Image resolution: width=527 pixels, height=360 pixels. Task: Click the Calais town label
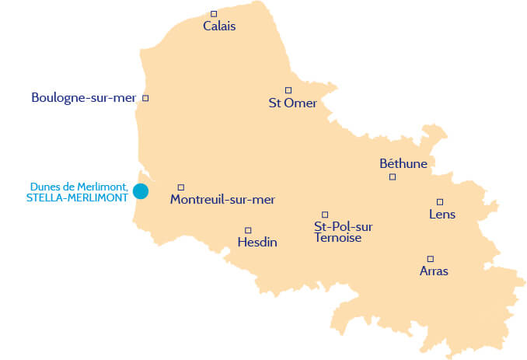[219, 26]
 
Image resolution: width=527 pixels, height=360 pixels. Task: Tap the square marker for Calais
[214, 13]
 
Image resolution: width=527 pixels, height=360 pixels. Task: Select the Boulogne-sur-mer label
[84, 98]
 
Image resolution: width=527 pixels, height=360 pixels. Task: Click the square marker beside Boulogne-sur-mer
[145, 98]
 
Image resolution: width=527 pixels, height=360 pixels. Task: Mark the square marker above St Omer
[288, 90]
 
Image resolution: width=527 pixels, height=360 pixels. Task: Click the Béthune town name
[403, 164]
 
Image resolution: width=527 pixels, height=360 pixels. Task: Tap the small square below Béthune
[393, 177]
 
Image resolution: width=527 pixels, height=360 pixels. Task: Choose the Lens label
[442, 215]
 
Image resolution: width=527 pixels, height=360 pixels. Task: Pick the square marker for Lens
[440, 201]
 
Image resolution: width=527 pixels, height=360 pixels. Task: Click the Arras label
[434, 271]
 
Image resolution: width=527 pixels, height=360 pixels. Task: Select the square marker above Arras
[430, 259]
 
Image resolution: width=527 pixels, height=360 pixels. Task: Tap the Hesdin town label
[257, 243]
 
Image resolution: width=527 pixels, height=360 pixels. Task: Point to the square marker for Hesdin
[248, 230]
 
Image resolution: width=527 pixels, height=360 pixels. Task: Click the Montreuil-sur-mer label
[222, 200]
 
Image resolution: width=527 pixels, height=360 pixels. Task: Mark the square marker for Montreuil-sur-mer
[181, 187]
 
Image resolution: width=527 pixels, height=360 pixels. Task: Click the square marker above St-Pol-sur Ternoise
[325, 215]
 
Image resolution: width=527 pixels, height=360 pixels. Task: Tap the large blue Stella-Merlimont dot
[141, 190]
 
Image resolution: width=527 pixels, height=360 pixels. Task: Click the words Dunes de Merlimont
[79, 187]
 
